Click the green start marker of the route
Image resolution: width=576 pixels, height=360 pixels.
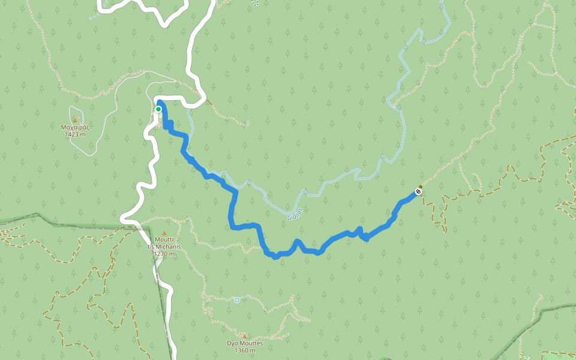click(x=158, y=109)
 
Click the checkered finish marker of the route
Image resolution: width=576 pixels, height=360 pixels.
click(x=418, y=192)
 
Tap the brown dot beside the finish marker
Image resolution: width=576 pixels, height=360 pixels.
click(x=421, y=187)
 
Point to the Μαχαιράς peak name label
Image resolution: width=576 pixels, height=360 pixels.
click(x=76, y=127)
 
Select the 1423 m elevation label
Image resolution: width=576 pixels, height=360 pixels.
click(x=76, y=134)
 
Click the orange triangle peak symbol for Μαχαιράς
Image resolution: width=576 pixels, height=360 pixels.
click(x=75, y=121)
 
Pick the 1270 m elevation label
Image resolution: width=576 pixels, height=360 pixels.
click(x=164, y=254)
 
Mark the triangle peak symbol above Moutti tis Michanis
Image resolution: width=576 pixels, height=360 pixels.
click(x=164, y=233)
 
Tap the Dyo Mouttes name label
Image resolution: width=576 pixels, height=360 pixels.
click(x=244, y=343)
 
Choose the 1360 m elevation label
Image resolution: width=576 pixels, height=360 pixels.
click(x=244, y=350)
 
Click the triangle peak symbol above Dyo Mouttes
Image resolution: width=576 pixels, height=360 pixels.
click(x=244, y=336)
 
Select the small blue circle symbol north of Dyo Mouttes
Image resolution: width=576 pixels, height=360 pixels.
click(x=237, y=300)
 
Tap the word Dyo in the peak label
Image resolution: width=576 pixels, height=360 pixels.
click(x=233, y=343)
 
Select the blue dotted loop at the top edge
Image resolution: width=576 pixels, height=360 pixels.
click(x=255, y=3)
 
